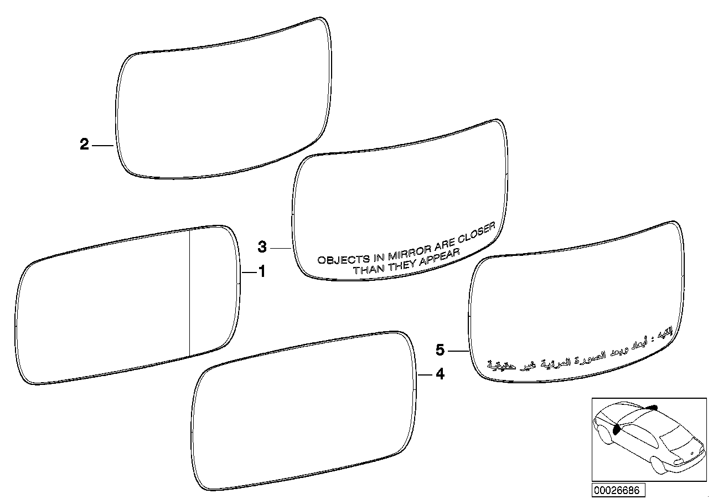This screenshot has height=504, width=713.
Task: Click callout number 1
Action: (x=262, y=272)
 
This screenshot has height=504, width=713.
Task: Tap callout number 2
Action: (x=84, y=145)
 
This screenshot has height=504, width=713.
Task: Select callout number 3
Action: (x=262, y=246)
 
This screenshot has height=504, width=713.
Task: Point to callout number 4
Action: (x=440, y=375)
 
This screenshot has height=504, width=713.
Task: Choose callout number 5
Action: (x=440, y=350)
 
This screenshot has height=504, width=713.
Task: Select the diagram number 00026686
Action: (x=617, y=490)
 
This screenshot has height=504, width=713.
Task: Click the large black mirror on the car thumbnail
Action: (x=617, y=429)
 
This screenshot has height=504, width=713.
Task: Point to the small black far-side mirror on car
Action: (x=653, y=407)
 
